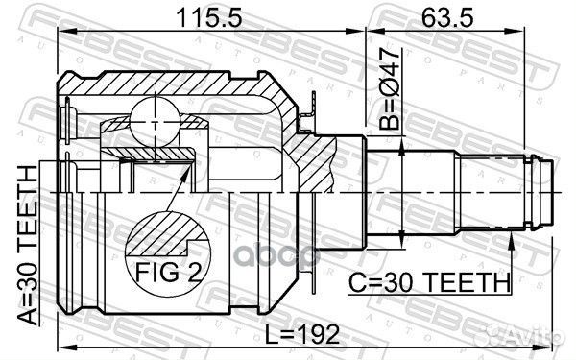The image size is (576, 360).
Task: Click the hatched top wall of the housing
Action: click(173, 84)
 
